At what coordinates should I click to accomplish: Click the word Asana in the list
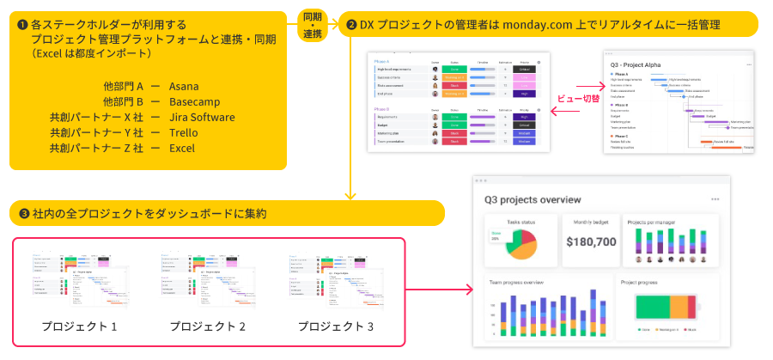point(183,87)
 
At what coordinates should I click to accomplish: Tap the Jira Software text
point(202,118)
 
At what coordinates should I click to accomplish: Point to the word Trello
point(183,133)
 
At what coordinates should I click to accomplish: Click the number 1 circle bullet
point(22,25)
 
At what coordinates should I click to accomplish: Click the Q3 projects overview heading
point(533,199)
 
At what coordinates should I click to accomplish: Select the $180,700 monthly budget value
point(591,241)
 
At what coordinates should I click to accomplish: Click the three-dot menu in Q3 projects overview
point(715,199)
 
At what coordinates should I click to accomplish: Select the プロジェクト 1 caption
point(79,326)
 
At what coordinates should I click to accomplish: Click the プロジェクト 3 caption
point(336,326)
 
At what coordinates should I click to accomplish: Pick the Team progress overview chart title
point(516,282)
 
